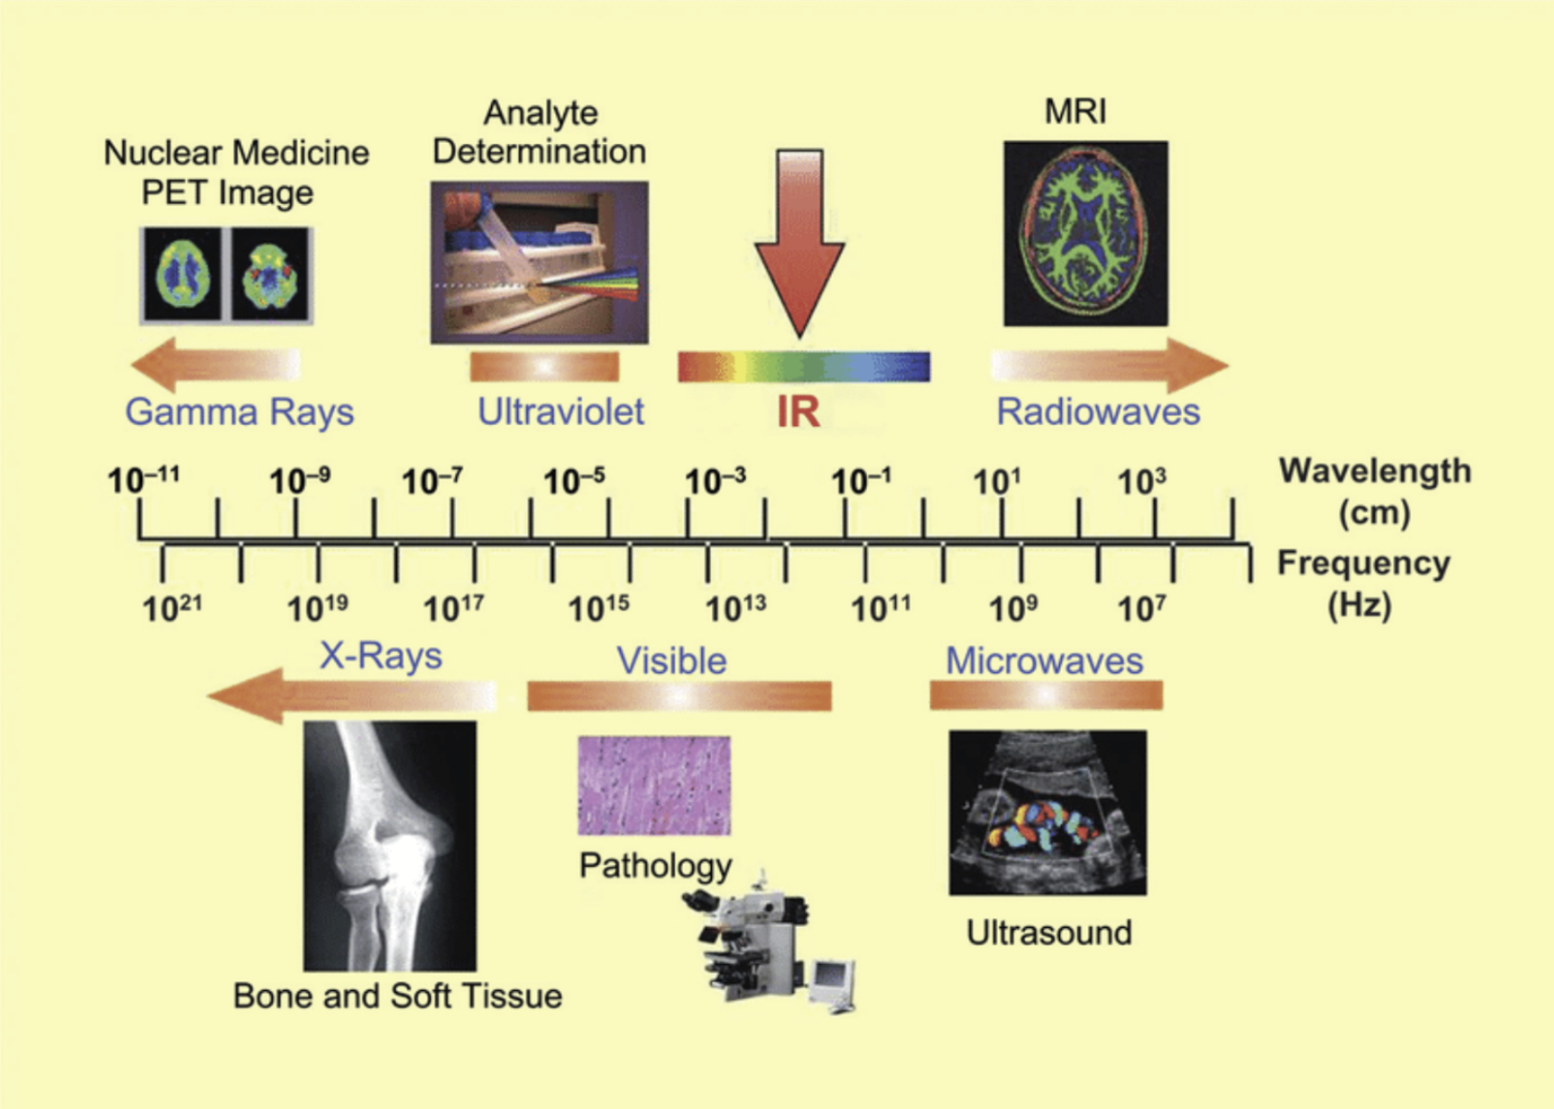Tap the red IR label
[798, 412]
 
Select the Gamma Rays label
[239, 412]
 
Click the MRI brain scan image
[1086, 234]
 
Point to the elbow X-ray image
[389, 845]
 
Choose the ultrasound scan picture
[1047, 812]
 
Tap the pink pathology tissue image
[654, 785]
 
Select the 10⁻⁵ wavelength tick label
[573, 482]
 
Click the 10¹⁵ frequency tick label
[598, 607]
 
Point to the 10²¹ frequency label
[172, 607]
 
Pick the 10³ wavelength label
[1141, 482]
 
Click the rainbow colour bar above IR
[803, 367]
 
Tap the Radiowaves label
[1098, 412]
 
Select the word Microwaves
[1044, 661]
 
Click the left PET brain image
[182, 275]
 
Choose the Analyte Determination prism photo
[539, 262]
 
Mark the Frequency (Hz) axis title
[1362, 583]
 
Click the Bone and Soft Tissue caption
[397, 996]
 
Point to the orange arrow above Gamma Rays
[216, 364]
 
